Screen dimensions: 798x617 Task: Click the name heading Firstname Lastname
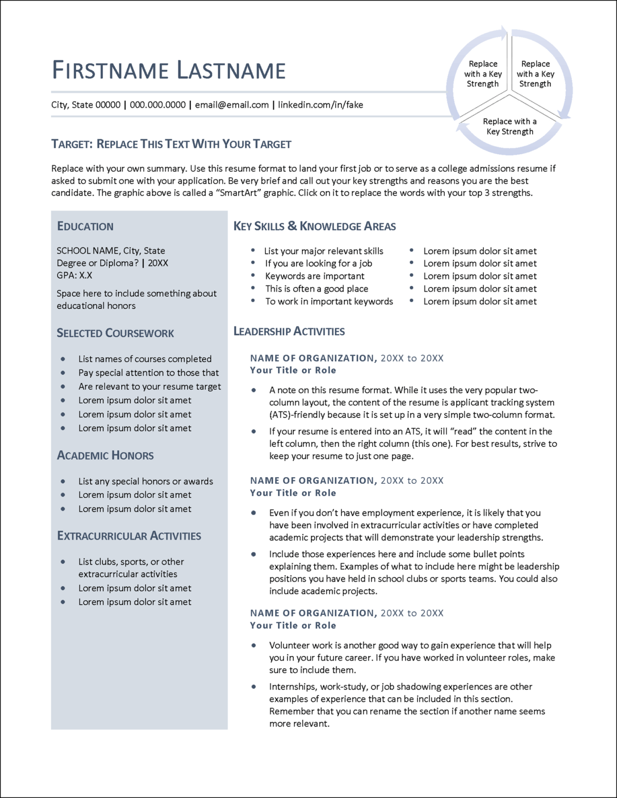coord(169,70)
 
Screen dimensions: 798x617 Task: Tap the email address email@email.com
coord(231,105)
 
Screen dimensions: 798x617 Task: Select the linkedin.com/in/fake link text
coord(320,105)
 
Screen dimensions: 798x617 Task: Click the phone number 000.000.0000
coord(157,105)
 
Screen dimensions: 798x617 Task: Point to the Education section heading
coord(85,226)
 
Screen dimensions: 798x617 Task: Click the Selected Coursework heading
coord(115,333)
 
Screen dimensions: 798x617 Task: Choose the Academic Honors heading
coord(105,456)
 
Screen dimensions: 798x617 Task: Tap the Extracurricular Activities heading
coord(129,536)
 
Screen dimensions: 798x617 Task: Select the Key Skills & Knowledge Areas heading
coord(315,226)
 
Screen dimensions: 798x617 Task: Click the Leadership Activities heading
coord(289,331)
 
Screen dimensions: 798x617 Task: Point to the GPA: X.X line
coord(75,275)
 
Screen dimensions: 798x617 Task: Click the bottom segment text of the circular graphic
coord(510,126)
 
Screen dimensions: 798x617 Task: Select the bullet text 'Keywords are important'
coord(315,276)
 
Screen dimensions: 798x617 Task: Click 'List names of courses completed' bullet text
coord(145,359)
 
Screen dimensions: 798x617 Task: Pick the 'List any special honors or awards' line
coord(146,481)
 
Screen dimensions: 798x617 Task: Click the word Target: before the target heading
coord(72,144)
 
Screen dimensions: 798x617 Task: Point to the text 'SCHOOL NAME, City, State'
coord(111,251)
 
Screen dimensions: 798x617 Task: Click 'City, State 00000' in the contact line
coord(86,105)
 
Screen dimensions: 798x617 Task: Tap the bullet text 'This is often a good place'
coord(317,289)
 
